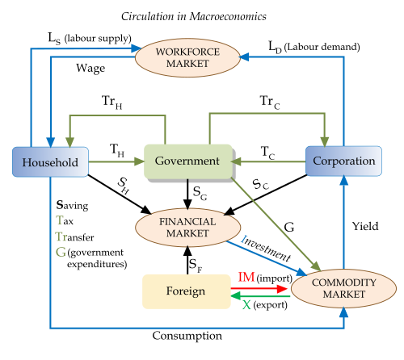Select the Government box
[187, 161]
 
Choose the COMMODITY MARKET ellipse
[333, 287]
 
